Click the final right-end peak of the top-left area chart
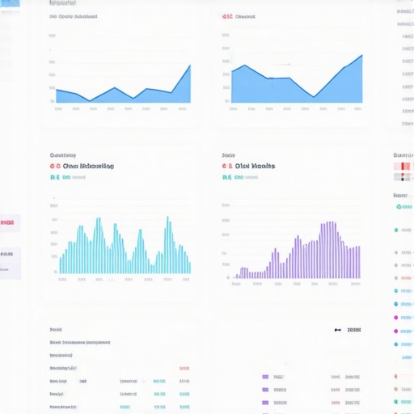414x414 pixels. pyautogui.click(x=190, y=65)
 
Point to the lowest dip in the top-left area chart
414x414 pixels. pyautogui.click(x=90, y=100)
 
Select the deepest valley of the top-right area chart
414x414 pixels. pyautogui.click(x=314, y=97)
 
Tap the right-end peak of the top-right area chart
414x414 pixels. pyautogui.click(x=361, y=55)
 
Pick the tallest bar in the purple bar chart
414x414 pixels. pyautogui.click(x=332, y=223)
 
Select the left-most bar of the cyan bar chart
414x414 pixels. pyautogui.click(x=61, y=264)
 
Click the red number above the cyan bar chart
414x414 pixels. pyautogui.click(x=55, y=166)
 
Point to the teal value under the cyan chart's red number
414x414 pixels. pyautogui.click(x=54, y=176)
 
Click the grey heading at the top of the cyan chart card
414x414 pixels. pyautogui.click(x=62, y=154)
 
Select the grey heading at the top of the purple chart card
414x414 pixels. pyautogui.click(x=228, y=154)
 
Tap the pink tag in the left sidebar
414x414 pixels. pyautogui.click(x=7, y=222)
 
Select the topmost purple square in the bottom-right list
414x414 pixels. pyautogui.click(x=264, y=377)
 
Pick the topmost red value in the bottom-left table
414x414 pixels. pyautogui.click(x=184, y=368)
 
